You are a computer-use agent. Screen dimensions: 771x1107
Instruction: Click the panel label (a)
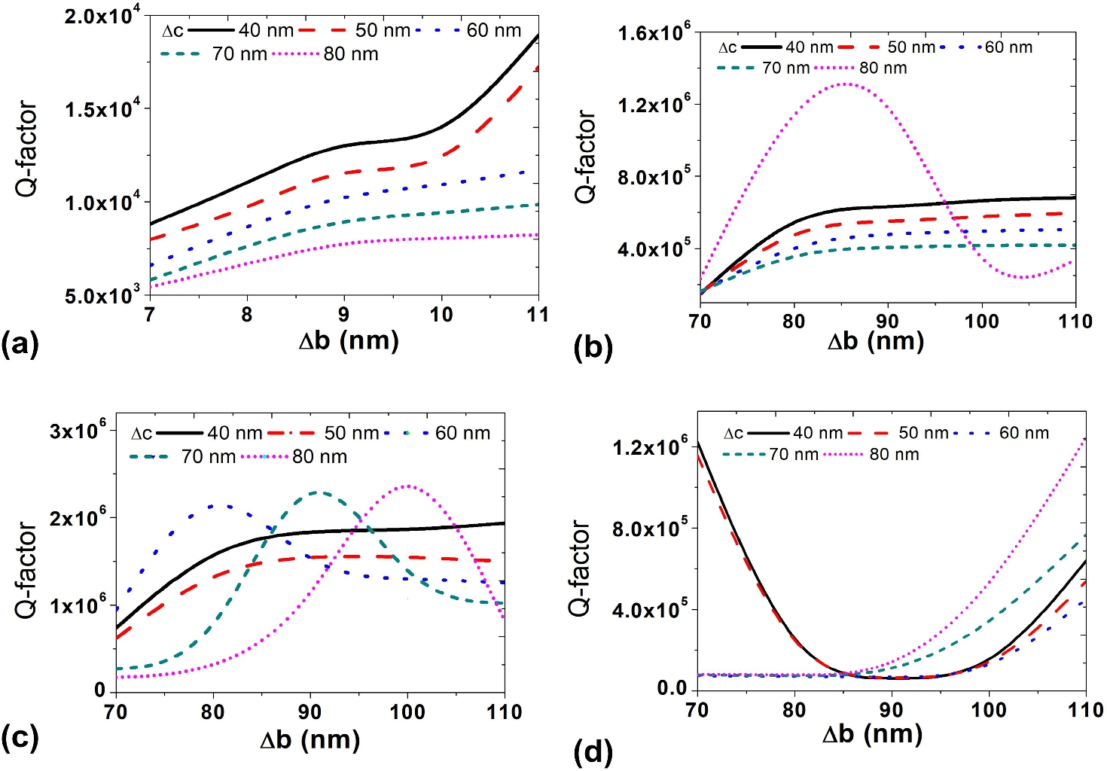point(20,344)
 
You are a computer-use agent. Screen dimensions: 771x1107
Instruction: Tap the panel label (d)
point(593,751)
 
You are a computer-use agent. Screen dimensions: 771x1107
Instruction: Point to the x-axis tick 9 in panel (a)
point(343,315)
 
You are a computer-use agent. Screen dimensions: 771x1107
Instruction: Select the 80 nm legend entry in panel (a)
point(325,54)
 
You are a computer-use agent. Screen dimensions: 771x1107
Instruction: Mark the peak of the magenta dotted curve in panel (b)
point(846,84)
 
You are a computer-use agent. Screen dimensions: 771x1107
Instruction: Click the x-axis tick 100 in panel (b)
point(981,322)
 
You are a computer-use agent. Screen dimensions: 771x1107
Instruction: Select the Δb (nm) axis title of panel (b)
point(875,341)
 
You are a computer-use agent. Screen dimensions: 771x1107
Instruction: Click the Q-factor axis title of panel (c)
point(26,570)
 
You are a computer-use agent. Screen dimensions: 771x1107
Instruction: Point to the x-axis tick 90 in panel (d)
point(892,709)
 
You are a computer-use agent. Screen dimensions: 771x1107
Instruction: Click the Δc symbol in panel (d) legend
point(733,433)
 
